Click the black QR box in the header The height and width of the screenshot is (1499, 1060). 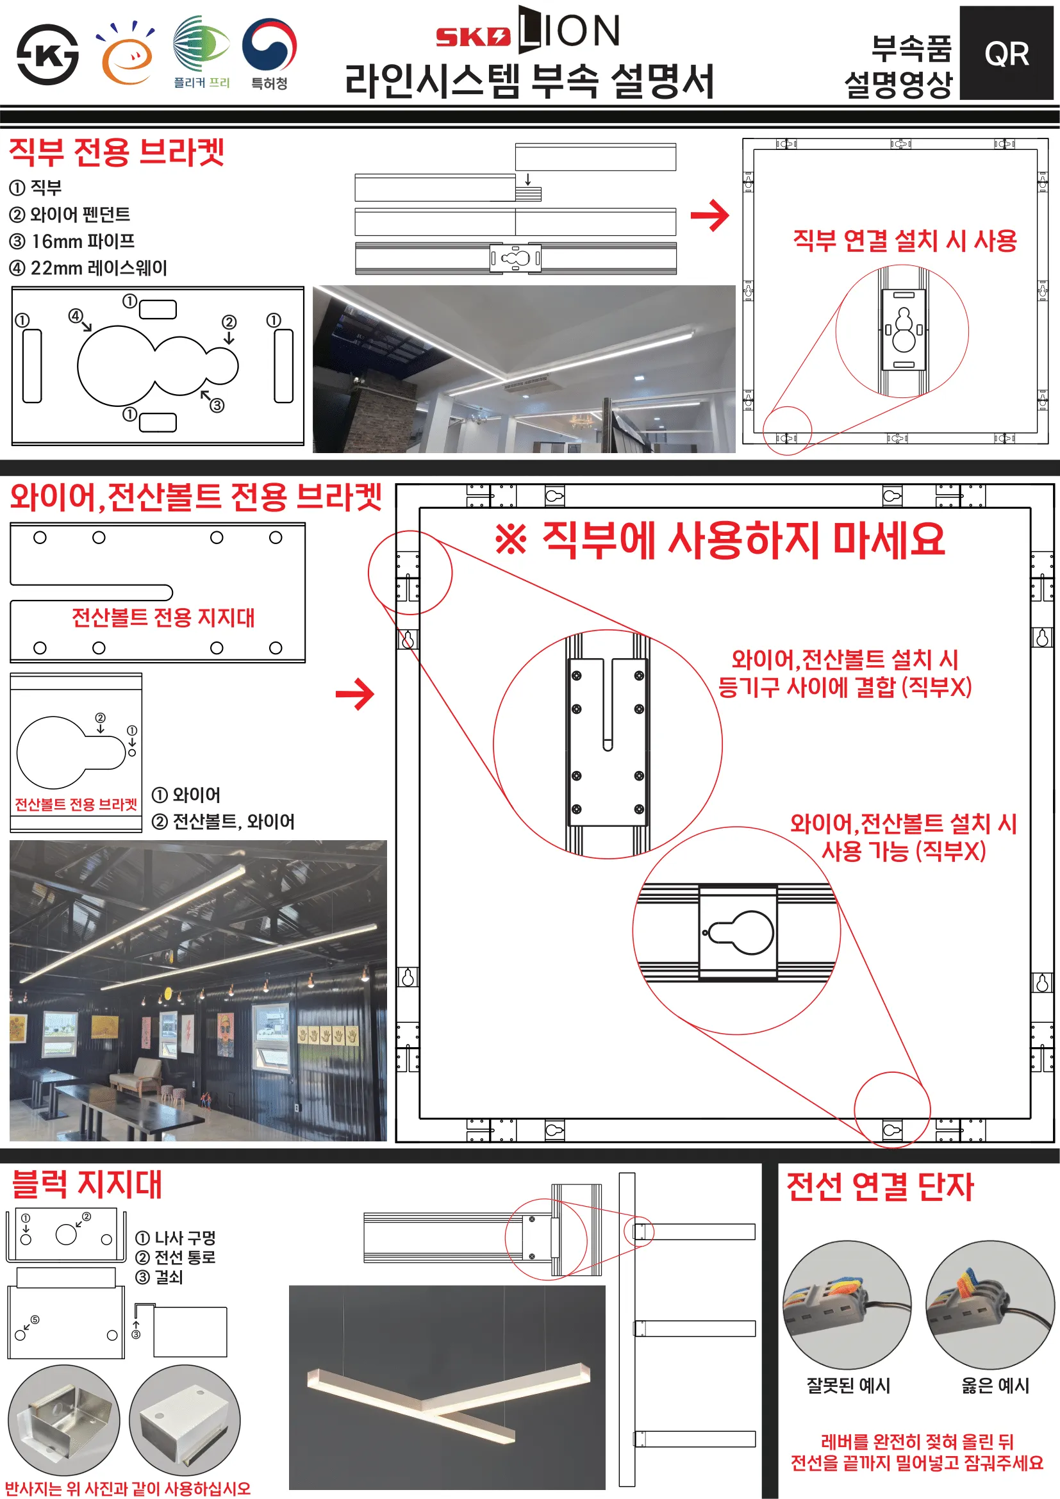click(x=1006, y=53)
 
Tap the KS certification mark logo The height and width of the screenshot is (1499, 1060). click(x=47, y=55)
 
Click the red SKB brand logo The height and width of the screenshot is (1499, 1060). click(x=472, y=37)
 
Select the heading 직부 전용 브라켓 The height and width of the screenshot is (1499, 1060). click(x=117, y=152)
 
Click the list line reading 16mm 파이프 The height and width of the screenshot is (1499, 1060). click(x=72, y=242)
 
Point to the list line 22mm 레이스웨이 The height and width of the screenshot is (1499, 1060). click(x=88, y=269)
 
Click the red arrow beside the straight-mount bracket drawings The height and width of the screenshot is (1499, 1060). click(x=709, y=215)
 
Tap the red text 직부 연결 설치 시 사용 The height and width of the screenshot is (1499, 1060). click(x=905, y=241)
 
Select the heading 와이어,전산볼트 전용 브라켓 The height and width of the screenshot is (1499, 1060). click(x=196, y=497)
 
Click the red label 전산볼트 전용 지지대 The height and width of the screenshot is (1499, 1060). click(x=163, y=618)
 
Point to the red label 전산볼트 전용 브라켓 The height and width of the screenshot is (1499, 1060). click(x=76, y=804)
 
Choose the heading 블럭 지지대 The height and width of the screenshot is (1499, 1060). click(x=87, y=1185)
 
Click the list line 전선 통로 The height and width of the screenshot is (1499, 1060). click(x=176, y=1257)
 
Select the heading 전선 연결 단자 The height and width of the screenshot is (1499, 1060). click(x=879, y=1187)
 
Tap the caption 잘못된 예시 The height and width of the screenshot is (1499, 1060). click(x=849, y=1386)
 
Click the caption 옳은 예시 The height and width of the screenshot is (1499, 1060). click(x=995, y=1386)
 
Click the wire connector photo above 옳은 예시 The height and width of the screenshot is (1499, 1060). click(x=990, y=1304)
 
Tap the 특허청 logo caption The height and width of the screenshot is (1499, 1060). click(x=270, y=83)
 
